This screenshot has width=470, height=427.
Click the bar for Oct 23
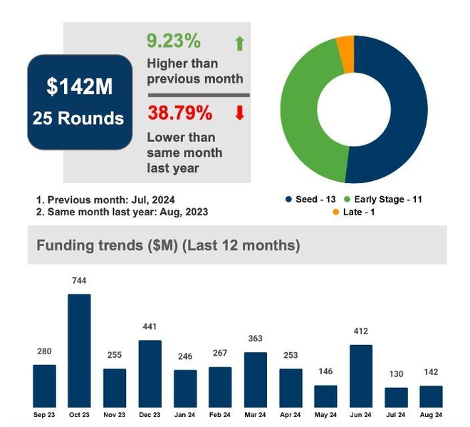tap(79, 350)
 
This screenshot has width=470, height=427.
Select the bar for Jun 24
tap(361, 376)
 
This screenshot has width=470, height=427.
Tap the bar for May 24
tap(325, 396)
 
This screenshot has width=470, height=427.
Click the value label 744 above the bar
tap(79, 281)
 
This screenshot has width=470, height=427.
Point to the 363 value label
tap(255, 339)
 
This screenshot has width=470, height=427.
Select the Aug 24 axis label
tap(431, 414)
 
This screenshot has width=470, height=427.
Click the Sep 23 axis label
tap(44, 414)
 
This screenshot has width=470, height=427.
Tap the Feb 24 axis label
tap(220, 414)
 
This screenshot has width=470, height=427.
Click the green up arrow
tap(239, 44)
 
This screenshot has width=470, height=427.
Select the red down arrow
tap(239, 113)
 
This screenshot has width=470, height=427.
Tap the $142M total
tap(80, 87)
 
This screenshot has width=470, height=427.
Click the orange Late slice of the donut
tap(345, 54)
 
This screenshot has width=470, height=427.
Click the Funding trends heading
tap(168, 246)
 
